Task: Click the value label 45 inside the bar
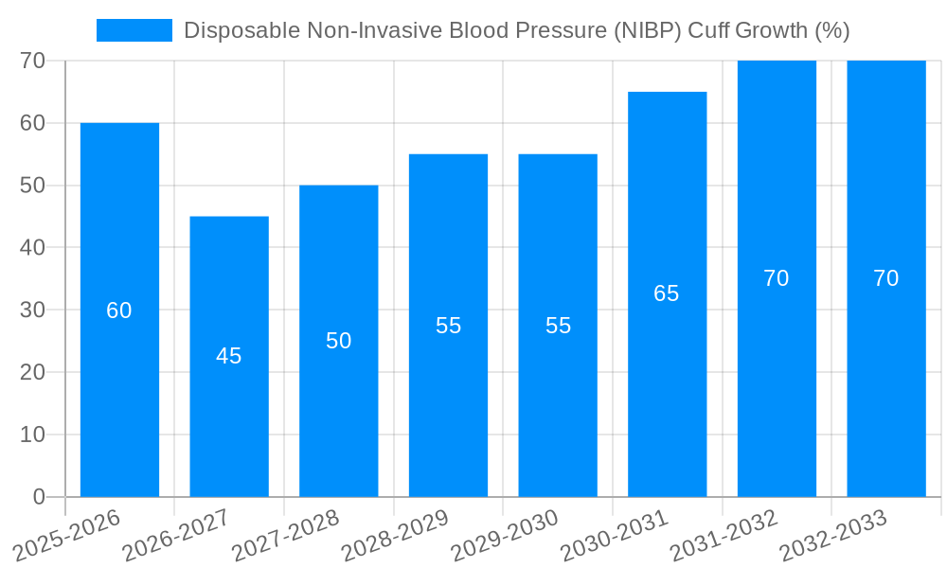(229, 356)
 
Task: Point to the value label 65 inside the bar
(667, 293)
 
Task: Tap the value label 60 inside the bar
(119, 311)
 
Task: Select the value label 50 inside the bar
(339, 341)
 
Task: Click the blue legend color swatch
(134, 30)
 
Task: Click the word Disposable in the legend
(241, 30)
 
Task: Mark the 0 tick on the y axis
(39, 497)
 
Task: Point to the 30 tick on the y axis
(33, 310)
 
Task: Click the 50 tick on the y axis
(33, 186)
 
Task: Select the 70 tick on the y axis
(33, 61)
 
